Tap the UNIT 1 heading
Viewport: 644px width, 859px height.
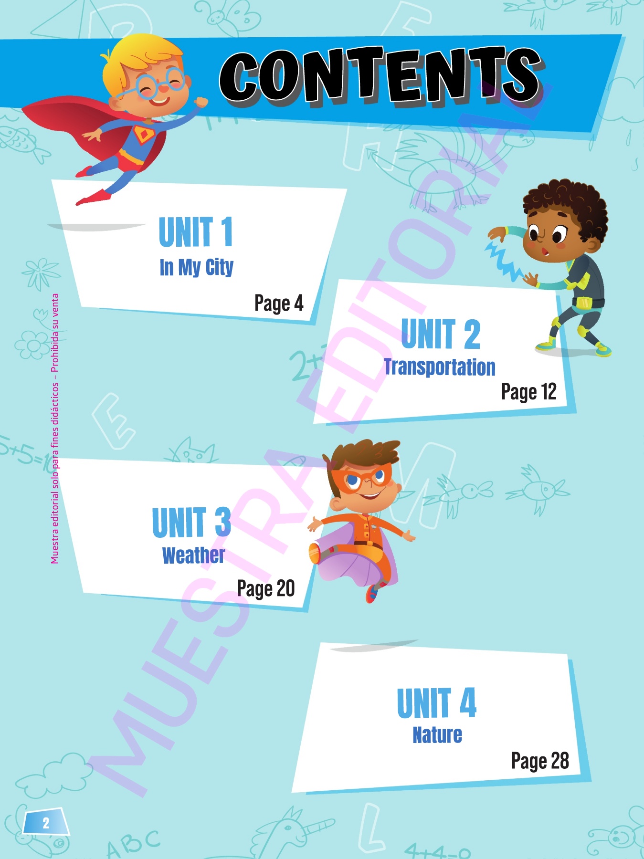(x=196, y=232)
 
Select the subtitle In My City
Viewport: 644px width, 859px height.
(x=196, y=268)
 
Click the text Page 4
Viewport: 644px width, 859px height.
(x=279, y=304)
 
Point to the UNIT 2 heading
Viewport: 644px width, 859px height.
(x=441, y=334)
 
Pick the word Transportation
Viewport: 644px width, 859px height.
(x=440, y=367)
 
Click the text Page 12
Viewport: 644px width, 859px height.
(x=529, y=392)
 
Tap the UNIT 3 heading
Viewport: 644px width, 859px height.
(x=191, y=523)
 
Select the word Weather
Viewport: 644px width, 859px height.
(x=193, y=555)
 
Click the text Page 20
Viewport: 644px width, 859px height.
(x=266, y=589)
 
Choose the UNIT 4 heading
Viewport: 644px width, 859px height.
(x=437, y=702)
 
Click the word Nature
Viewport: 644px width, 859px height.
(x=437, y=735)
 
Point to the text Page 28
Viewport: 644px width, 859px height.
(x=540, y=761)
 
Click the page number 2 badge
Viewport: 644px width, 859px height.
(x=46, y=823)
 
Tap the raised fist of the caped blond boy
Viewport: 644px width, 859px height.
(x=201, y=102)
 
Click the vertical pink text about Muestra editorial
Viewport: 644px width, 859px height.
(x=55, y=429)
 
